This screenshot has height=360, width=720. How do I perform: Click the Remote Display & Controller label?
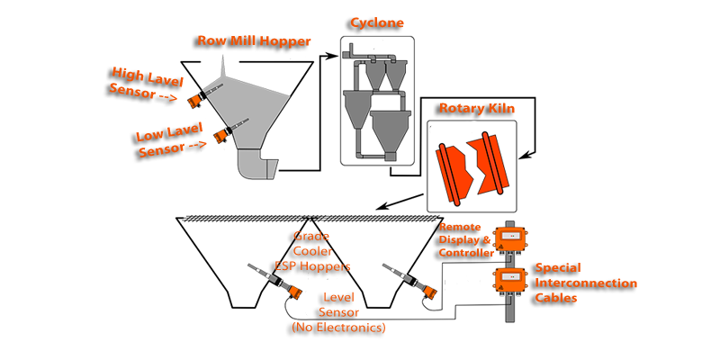coord(467,241)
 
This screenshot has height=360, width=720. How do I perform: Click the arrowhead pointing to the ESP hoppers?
coord(381,209)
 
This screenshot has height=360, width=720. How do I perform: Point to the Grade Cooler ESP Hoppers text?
coord(313,252)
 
